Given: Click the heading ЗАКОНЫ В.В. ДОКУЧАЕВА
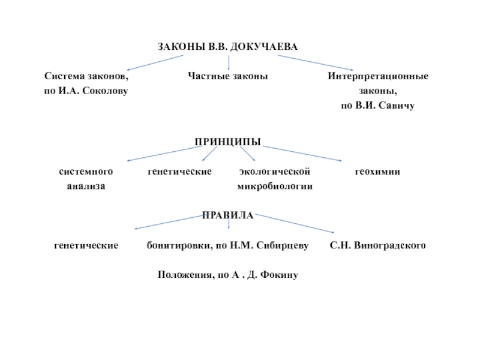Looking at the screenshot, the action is (x=227, y=47).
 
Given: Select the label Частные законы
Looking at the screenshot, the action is (x=228, y=76).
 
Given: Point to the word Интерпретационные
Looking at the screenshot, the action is (x=377, y=76).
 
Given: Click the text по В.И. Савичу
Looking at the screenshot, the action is (x=377, y=105).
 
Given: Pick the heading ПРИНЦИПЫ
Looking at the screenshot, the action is (x=227, y=142).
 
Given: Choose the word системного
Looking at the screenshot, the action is (x=86, y=172).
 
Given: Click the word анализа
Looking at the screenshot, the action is (x=86, y=186).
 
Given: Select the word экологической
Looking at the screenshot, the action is (x=274, y=172).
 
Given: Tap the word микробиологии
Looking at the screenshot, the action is (x=275, y=186).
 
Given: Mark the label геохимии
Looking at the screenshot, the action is (x=377, y=172).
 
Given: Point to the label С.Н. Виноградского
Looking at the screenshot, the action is (x=377, y=245).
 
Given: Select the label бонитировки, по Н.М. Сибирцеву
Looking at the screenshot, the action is (x=228, y=245).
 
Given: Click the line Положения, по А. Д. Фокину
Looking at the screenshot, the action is (x=228, y=275).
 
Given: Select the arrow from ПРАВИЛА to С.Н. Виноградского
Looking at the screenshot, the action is (x=294, y=223).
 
